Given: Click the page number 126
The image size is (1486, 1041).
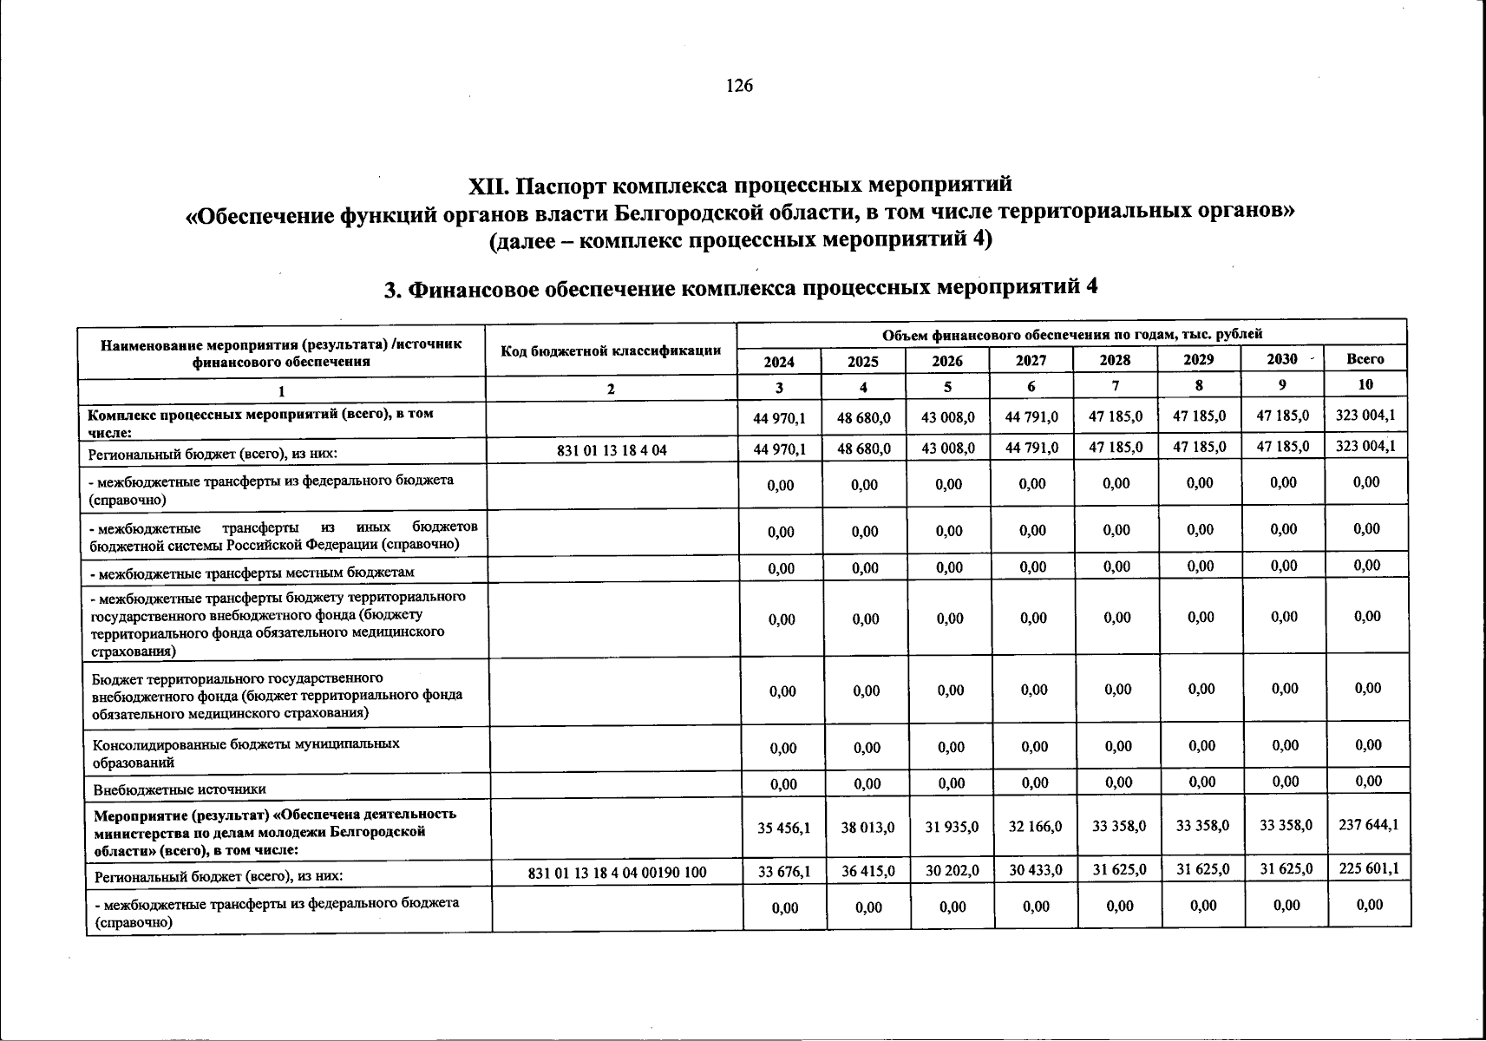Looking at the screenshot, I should tap(739, 85).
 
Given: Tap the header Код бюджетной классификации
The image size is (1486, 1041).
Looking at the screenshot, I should tap(611, 350).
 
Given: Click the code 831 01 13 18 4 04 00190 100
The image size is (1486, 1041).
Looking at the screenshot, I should tap(618, 874).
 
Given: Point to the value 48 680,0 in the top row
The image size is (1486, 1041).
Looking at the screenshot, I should tap(863, 417).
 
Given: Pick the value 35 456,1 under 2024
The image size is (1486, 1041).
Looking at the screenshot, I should tap(783, 828).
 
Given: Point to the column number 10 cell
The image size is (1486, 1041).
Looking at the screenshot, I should tap(1365, 384).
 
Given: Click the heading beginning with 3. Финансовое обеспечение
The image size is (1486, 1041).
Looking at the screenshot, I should tap(742, 287).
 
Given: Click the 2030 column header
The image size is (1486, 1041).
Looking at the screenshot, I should tap(1281, 359).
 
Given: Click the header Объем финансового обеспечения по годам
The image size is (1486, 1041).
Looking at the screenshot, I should tap(1071, 334).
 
